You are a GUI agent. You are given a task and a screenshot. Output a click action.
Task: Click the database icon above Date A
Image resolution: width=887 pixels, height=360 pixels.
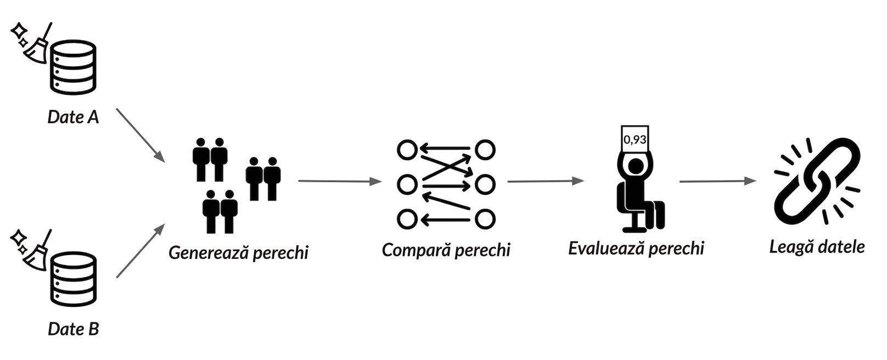(73, 67)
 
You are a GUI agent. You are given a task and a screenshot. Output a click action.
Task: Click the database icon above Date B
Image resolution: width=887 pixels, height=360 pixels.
(73, 279)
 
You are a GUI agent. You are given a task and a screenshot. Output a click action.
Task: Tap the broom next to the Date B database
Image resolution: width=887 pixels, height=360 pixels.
(38, 252)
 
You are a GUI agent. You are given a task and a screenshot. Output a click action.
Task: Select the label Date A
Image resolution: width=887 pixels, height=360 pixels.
(73, 117)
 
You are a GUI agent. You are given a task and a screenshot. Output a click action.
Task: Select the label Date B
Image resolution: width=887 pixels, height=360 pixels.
(73, 329)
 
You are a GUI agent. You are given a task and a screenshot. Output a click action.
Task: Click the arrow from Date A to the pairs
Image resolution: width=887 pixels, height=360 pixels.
(141, 135)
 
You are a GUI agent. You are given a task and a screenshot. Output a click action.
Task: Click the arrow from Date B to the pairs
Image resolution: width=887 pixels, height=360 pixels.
(141, 251)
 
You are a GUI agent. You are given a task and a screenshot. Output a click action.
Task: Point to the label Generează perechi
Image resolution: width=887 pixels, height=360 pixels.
(238, 252)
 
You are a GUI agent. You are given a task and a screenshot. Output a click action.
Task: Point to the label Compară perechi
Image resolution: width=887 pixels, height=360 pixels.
(446, 250)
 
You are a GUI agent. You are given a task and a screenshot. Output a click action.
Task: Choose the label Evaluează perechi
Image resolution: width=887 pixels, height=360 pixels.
(636, 248)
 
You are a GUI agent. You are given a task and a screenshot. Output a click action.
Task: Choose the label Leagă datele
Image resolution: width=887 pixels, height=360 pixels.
(817, 247)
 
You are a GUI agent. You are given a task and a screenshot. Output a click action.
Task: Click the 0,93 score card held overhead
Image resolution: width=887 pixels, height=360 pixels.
(635, 139)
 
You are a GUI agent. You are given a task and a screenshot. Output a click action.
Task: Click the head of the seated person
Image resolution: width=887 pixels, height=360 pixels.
(636, 166)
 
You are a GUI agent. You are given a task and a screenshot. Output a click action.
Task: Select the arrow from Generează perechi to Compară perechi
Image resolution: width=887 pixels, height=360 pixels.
(340, 182)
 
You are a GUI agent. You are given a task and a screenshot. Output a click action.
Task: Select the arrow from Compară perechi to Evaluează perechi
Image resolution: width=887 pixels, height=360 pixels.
(546, 182)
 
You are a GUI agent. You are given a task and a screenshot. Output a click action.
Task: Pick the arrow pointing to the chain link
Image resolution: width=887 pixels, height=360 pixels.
(718, 182)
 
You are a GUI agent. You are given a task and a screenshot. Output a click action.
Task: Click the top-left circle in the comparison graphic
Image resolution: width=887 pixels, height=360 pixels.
(407, 150)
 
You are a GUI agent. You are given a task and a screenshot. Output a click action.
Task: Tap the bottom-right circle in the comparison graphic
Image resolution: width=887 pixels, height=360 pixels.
(485, 219)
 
